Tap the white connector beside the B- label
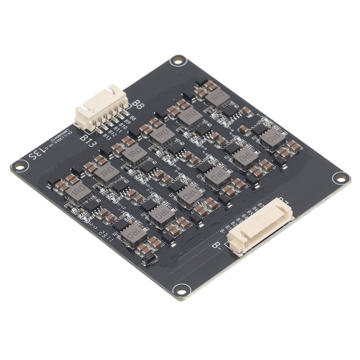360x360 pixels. click(260, 227)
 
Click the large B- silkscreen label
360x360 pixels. click(216, 246)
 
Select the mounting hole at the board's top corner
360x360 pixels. click(178, 60)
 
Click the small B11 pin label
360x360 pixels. click(117, 129)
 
